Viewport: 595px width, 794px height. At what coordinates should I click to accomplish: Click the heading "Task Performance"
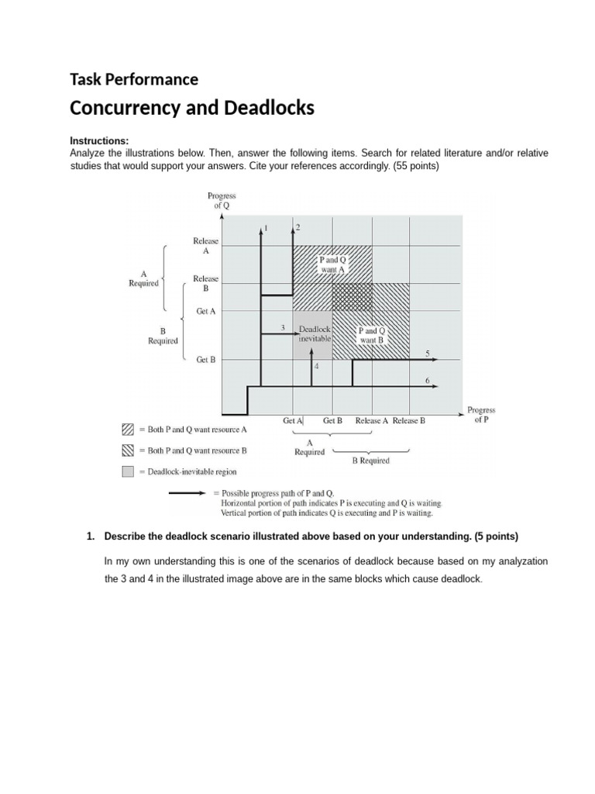(x=134, y=79)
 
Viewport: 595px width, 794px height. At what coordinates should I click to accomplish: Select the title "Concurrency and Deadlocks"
(x=192, y=108)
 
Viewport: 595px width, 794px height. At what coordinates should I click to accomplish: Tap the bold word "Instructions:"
(x=99, y=141)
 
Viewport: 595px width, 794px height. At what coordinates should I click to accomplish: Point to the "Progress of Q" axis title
(x=222, y=201)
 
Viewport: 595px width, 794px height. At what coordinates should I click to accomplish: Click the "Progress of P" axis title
(x=480, y=414)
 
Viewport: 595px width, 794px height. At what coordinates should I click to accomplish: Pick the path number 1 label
(x=267, y=228)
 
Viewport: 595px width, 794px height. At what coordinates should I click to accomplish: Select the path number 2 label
(x=298, y=227)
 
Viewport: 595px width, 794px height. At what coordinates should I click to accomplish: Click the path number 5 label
(x=427, y=354)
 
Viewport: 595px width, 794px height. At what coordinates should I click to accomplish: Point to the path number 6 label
(x=427, y=380)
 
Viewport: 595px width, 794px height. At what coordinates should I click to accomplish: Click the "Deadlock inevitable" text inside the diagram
(x=315, y=333)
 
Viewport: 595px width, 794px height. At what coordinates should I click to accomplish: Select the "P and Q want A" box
(x=332, y=264)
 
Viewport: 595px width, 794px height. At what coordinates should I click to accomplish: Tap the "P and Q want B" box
(x=372, y=335)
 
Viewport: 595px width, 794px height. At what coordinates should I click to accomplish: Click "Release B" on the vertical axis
(x=205, y=283)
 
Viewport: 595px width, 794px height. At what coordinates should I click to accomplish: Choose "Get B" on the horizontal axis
(x=332, y=420)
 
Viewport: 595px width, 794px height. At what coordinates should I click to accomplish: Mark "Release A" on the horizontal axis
(x=372, y=420)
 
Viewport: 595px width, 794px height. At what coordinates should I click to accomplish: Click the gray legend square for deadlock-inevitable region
(x=128, y=471)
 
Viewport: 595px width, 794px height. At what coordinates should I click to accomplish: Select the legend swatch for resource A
(x=128, y=429)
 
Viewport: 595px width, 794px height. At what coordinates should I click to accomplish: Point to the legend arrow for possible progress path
(x=188, y=492)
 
